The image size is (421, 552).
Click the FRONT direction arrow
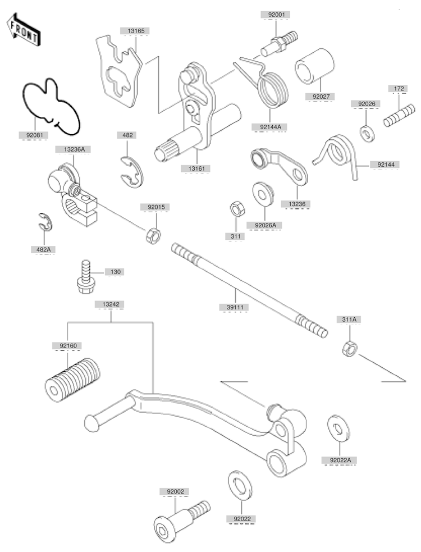(x=23, y=30)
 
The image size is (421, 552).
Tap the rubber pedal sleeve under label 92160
(x=72, y=380)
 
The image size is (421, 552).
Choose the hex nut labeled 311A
(x=350, y=349)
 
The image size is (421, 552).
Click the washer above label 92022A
(x=338, y=428)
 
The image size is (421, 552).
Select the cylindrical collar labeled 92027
(x=315, y=66)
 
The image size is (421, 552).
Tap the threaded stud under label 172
(x=399, y=115)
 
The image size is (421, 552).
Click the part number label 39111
(x=235, y=307)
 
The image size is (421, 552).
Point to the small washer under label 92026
(x=367, y=133)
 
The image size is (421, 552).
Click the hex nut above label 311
(x=238, y=209)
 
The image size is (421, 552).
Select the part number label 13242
(x=111, y=304)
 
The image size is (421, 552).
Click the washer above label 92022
(x=240, y=485)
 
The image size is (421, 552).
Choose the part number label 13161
(x=196, y=168)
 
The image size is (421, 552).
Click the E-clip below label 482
(x=132, y=172)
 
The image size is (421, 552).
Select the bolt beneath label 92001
(x=279, y=43)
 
